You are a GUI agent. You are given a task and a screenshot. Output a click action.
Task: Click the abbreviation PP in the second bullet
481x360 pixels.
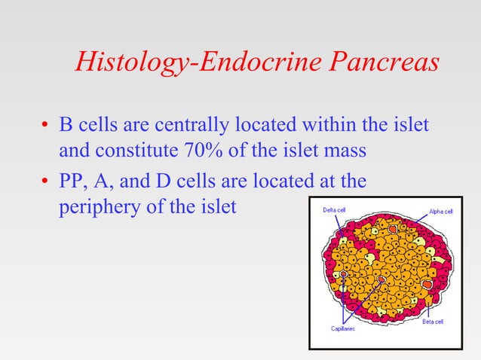click(x=73, y=182)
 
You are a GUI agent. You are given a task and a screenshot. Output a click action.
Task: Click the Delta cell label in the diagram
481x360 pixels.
click(x=334, y=210)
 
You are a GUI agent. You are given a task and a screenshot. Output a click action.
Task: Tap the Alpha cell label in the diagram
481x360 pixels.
click(x=440, y=212)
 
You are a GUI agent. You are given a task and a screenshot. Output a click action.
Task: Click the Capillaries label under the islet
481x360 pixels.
click(x=343, y=329)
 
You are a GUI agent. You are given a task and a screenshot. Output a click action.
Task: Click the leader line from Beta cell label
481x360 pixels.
click(x=427, y=308)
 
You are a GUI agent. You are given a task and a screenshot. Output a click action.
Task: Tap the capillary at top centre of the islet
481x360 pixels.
click(x=391, y=227)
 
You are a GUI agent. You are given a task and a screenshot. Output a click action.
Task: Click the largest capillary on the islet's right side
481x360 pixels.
click(x=427, y=285)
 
